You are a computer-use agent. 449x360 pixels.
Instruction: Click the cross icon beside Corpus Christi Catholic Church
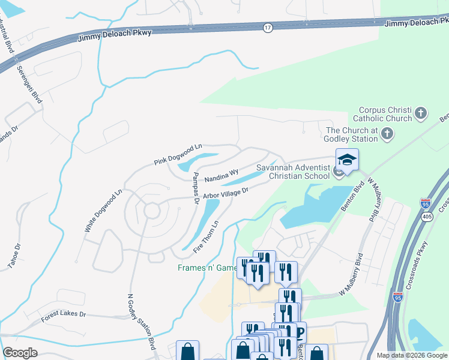tap(421, 113)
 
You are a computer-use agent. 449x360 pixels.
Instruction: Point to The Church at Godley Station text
tap(352, 135)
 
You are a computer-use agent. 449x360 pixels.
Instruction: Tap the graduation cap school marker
tap(347, 160)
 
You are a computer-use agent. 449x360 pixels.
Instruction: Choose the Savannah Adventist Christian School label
tap(292, 172)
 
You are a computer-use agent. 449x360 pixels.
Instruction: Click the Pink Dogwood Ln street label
tap(178, 154)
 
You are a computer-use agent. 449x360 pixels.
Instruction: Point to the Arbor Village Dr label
tap(225, 192)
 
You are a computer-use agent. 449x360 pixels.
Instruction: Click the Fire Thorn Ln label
tap(205, 236)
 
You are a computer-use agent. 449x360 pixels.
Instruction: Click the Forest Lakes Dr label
tap(64, 316)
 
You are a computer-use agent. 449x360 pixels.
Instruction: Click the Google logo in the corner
tap(20, 352)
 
